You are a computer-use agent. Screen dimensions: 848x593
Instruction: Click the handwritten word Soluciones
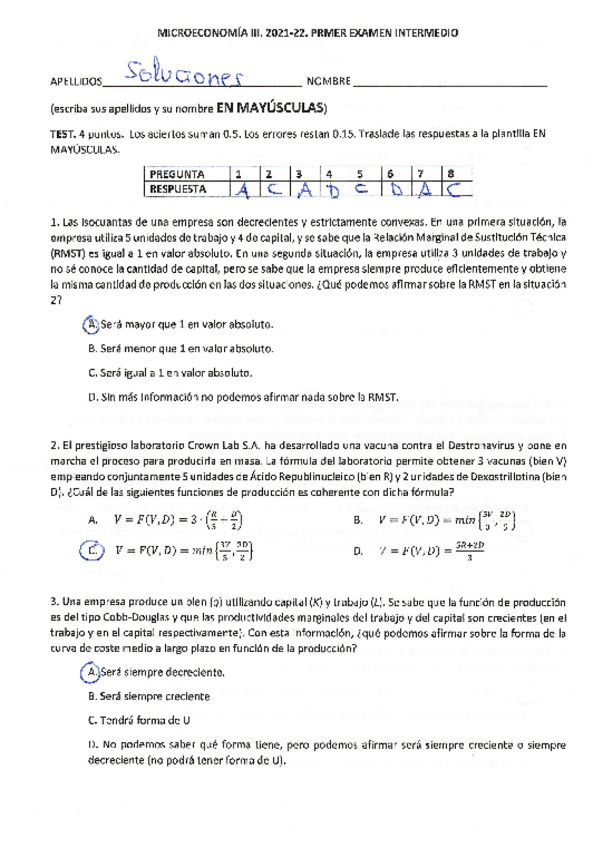185,75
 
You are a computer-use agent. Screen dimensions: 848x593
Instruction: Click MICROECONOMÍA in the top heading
202,33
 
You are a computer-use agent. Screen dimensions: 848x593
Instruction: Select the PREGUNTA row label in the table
179,173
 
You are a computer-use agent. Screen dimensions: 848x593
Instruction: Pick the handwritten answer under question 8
455,187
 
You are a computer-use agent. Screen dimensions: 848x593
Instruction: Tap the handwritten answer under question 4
328,187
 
